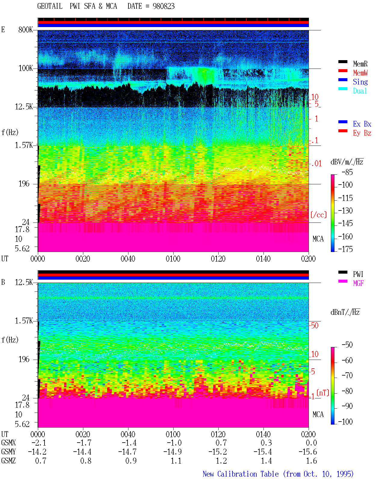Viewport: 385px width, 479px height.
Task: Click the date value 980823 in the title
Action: [163, 6]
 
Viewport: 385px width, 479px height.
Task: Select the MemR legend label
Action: [360, 64]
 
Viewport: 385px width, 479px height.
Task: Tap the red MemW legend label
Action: [360, 73]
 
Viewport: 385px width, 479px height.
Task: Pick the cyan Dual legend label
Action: [360, 91]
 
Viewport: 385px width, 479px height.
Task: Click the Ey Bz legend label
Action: [362, 133]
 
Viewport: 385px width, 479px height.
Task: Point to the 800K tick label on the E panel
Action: [26, 29]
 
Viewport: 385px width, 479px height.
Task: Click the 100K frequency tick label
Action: [26, 68]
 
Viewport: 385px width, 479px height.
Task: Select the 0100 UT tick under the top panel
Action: [173, 259]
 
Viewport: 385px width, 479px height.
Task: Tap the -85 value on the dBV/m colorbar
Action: [347, 172]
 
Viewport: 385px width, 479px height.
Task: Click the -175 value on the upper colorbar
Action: [345, 249]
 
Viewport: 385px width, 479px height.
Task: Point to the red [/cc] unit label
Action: [319, 215]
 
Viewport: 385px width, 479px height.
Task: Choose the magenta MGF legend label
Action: [359, 283]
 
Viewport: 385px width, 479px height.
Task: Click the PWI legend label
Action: [358, 274]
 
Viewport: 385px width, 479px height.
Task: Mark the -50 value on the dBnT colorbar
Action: [347, 345]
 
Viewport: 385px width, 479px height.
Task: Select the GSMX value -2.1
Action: [39, 443]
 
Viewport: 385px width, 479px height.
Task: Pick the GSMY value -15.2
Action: [217, 452]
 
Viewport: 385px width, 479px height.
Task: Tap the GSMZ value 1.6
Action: [311, 461]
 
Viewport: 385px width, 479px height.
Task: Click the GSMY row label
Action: [8, 452]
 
